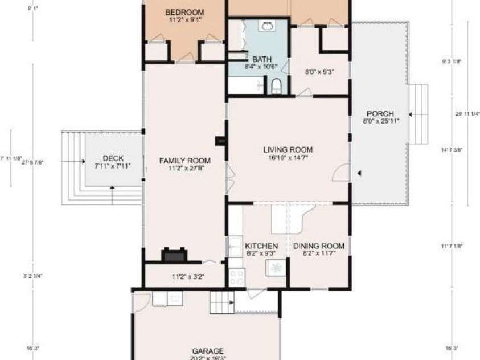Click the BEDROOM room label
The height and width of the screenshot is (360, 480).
click(184, 12)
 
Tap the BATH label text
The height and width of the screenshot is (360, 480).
click(262, 59)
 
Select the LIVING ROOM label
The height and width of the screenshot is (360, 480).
click(288, 150)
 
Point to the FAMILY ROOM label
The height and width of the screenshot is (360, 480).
click(185, 160)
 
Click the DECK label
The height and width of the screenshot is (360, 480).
click(113, 159)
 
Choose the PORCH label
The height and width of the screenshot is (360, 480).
click(380, 113)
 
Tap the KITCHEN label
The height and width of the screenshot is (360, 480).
click(261, 246)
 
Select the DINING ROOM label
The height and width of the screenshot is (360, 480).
click(319, 246)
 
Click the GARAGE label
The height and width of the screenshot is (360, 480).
click(207, 351)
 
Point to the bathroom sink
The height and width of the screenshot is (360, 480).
click(267, 26)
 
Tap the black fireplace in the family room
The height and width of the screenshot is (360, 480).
click(173, 255)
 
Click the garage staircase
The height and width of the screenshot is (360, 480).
click(221, 301)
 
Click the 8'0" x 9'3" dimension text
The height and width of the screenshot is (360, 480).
click(319, 72)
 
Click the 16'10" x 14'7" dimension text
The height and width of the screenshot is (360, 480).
click(288, 158)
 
